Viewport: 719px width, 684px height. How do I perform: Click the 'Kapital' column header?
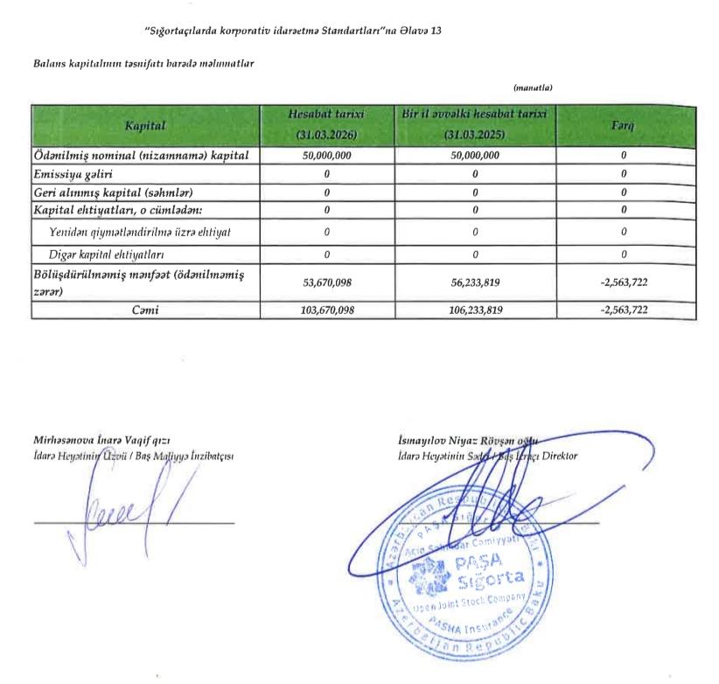click(145, 127)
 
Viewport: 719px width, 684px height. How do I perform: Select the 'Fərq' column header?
click(623, 127)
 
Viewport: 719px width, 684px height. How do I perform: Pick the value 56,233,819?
click(474, 282)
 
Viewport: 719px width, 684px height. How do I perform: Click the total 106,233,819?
click(474, 311)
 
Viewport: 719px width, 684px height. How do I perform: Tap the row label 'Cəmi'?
click(145, 311)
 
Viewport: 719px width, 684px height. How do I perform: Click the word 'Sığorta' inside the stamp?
click(488, 578)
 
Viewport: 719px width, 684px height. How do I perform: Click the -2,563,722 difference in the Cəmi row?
click(623, 311)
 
